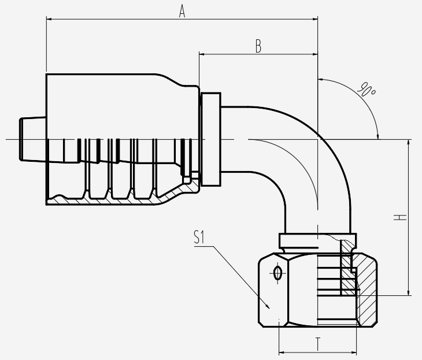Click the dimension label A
click(x=182, y=10)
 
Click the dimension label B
click(x=258, y=47)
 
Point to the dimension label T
click(x=318, y=344)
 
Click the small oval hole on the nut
click(x=277, y=273)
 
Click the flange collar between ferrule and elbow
click(x=211, y=139)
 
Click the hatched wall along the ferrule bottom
click(x=116, y=201)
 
